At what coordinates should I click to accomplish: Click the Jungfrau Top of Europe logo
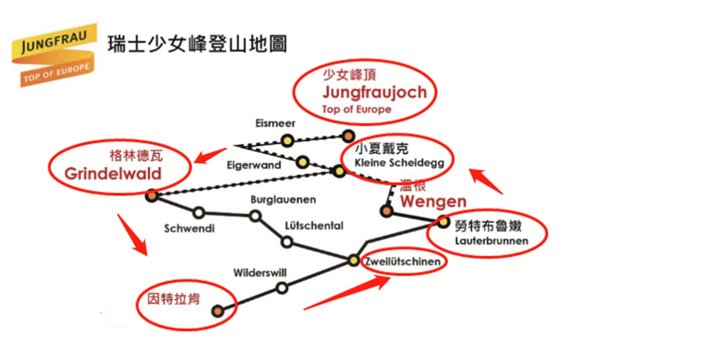point(54,54)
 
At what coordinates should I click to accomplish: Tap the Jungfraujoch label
point(374,92)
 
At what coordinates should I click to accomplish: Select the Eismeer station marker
point(287,140)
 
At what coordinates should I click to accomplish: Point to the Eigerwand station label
point(254,165)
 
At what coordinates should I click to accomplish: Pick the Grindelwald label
point(113,174)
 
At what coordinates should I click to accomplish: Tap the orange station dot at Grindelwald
point(152,196)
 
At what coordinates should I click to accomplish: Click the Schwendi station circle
point(199,213)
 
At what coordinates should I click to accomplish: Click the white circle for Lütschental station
point(287,242)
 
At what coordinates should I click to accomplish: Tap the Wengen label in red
point(433,202)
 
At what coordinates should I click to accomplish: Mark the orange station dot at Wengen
point(386,211)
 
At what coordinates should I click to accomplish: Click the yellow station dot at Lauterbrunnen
point(443,221)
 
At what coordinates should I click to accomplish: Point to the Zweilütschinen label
point(403,262)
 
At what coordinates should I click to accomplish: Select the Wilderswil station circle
point(282,288)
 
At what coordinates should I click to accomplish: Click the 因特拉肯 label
point(174,299)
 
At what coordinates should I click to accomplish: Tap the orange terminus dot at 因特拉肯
point(217,311)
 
